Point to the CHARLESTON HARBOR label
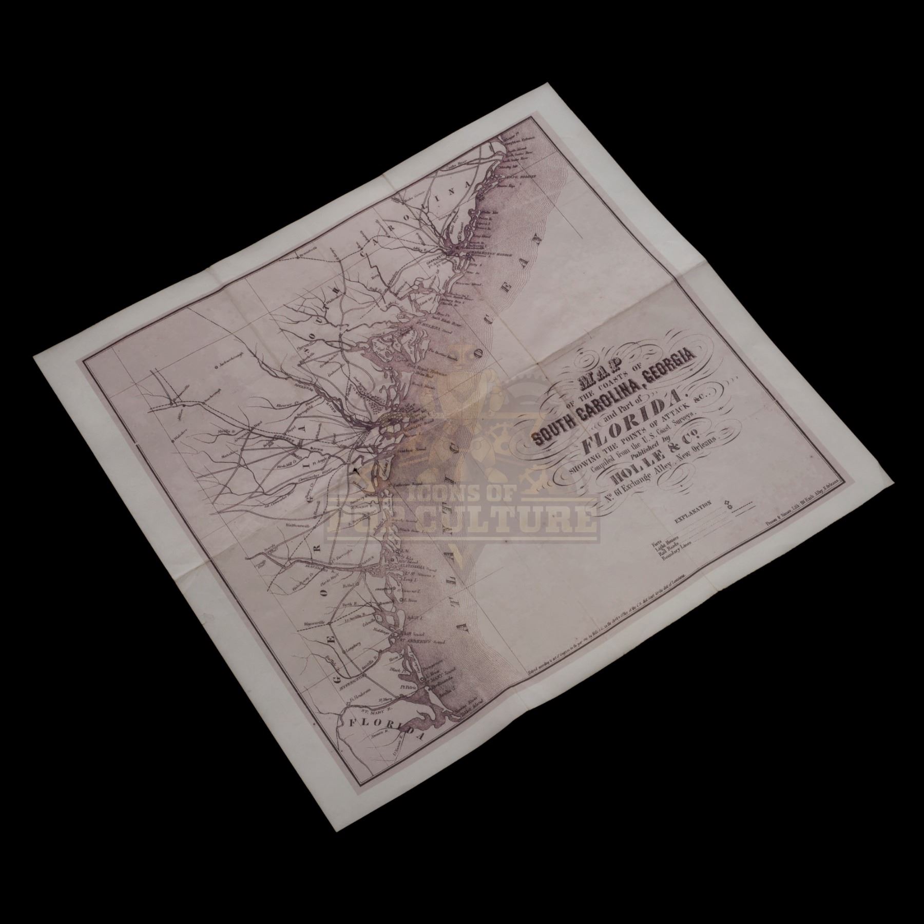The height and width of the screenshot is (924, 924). coord(485,250)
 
